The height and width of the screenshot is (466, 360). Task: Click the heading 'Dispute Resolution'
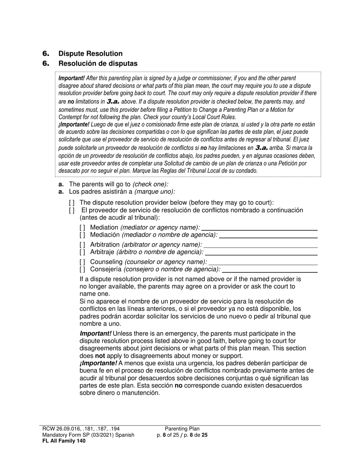(90, 54)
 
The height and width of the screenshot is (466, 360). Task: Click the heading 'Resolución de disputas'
(98, 64)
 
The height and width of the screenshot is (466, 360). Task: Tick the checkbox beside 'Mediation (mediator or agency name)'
(82, 228)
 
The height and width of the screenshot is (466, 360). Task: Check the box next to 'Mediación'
(82, 235)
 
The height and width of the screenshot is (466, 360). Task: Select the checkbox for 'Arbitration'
(82, 245)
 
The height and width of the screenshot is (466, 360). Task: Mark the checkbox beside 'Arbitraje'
(82, 252)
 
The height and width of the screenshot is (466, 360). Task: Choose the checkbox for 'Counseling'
(82, 262)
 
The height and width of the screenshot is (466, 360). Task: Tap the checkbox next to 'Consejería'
(82, 269)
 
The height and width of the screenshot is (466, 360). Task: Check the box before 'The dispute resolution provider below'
(72, 203)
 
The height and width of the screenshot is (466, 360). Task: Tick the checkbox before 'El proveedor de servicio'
(72, 210)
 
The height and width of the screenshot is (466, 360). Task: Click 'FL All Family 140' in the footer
(64, 441)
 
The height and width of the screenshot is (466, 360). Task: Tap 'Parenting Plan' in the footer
(182, 429)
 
